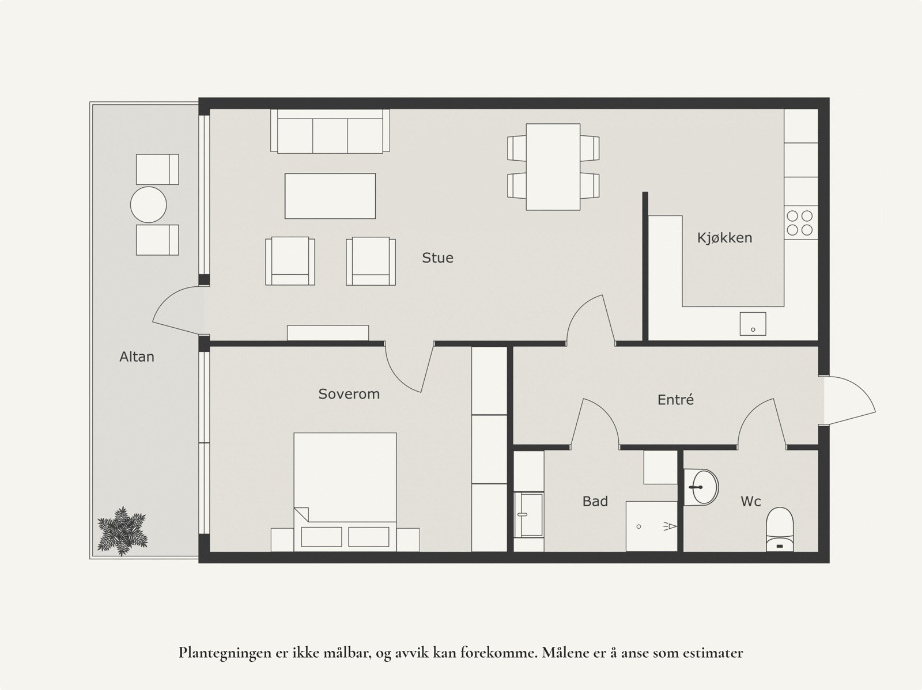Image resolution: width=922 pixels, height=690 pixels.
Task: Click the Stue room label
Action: [437, 258]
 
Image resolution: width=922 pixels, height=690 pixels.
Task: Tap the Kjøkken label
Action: [724, 238]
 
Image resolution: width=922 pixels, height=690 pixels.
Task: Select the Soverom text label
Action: [349, 395]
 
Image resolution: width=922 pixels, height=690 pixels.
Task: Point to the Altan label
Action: [137, 357]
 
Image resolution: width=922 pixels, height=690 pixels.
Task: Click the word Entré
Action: [675, 400]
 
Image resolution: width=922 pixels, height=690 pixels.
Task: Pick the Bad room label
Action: [595, 502]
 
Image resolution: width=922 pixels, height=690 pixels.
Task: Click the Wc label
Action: [750, 502]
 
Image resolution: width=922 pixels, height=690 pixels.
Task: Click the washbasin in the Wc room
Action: [701, 487]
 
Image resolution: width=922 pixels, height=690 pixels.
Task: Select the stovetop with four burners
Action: [800, 223]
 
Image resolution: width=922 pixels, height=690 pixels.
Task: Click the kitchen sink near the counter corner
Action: [753, 324]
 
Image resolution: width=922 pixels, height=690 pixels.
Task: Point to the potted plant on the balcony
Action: [122, 531]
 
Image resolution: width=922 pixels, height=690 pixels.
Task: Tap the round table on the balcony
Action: [149, 204]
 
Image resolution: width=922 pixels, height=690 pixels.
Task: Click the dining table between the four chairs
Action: [553, 167]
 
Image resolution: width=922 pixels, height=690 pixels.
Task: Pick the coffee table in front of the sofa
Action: [330, 196]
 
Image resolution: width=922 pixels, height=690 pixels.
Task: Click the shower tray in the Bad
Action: [651, 526]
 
